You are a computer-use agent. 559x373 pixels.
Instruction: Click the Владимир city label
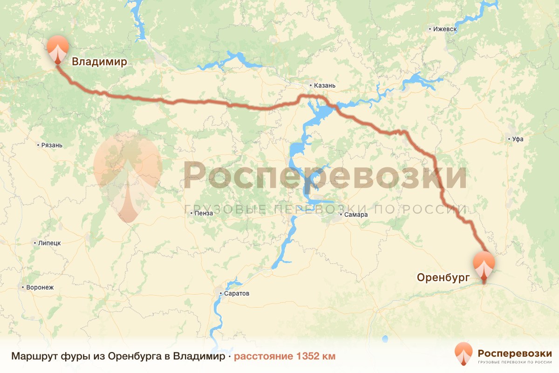pos(99,62)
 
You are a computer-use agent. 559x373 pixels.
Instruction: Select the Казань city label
pos(325,86)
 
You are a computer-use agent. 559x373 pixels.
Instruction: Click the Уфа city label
pos(518,139)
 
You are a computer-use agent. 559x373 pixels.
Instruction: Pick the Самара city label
pos(357,215)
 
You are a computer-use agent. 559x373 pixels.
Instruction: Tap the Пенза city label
pos(204,214)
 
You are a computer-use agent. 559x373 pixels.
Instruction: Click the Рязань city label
pos(52,145)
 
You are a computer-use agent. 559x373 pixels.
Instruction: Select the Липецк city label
pos(49,243)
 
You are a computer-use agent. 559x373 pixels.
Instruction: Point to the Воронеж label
pos(41,288)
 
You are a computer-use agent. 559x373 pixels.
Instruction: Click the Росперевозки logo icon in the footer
pos(464,354)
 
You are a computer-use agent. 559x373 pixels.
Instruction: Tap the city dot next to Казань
pos(311,86)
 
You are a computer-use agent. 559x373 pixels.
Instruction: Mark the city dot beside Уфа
pos(508,139)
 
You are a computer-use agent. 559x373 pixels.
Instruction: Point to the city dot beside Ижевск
pos(429,29)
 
